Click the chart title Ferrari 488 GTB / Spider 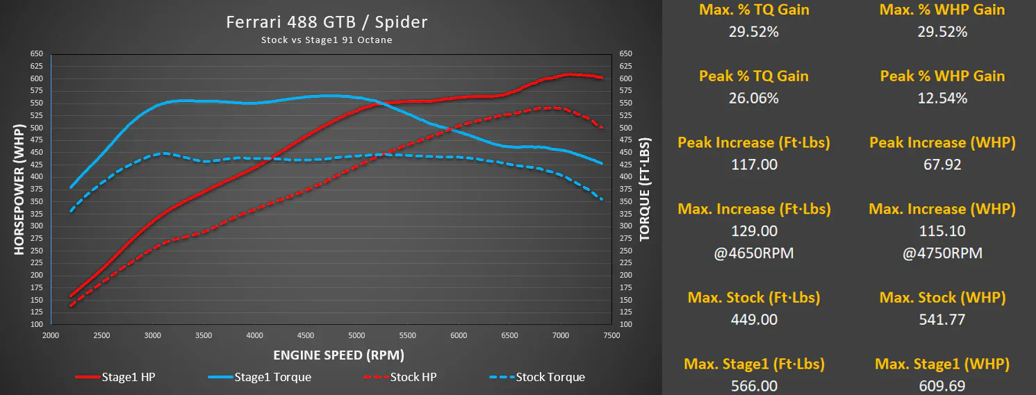point(327,22)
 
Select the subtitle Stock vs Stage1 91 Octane point(327,40)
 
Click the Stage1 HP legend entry point(115,377)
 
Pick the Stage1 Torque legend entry point(259,377)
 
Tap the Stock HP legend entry point(400,377)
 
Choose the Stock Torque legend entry point(537,377)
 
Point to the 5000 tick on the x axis point(356,335)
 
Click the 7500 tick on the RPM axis point(611,335)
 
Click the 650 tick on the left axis point(37,53)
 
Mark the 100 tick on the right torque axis point(626,324)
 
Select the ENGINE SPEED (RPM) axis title point(338,355)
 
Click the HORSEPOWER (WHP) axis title point(19,190)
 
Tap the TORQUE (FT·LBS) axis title point(645,190)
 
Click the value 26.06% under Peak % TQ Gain point(754,99)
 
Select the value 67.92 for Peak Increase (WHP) point(942,165)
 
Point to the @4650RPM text point(754,253)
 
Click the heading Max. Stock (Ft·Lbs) point(754,298)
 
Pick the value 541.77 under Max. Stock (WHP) point(942,320)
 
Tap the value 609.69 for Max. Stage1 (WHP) point(942,386)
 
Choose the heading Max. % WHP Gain point(942,10)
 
